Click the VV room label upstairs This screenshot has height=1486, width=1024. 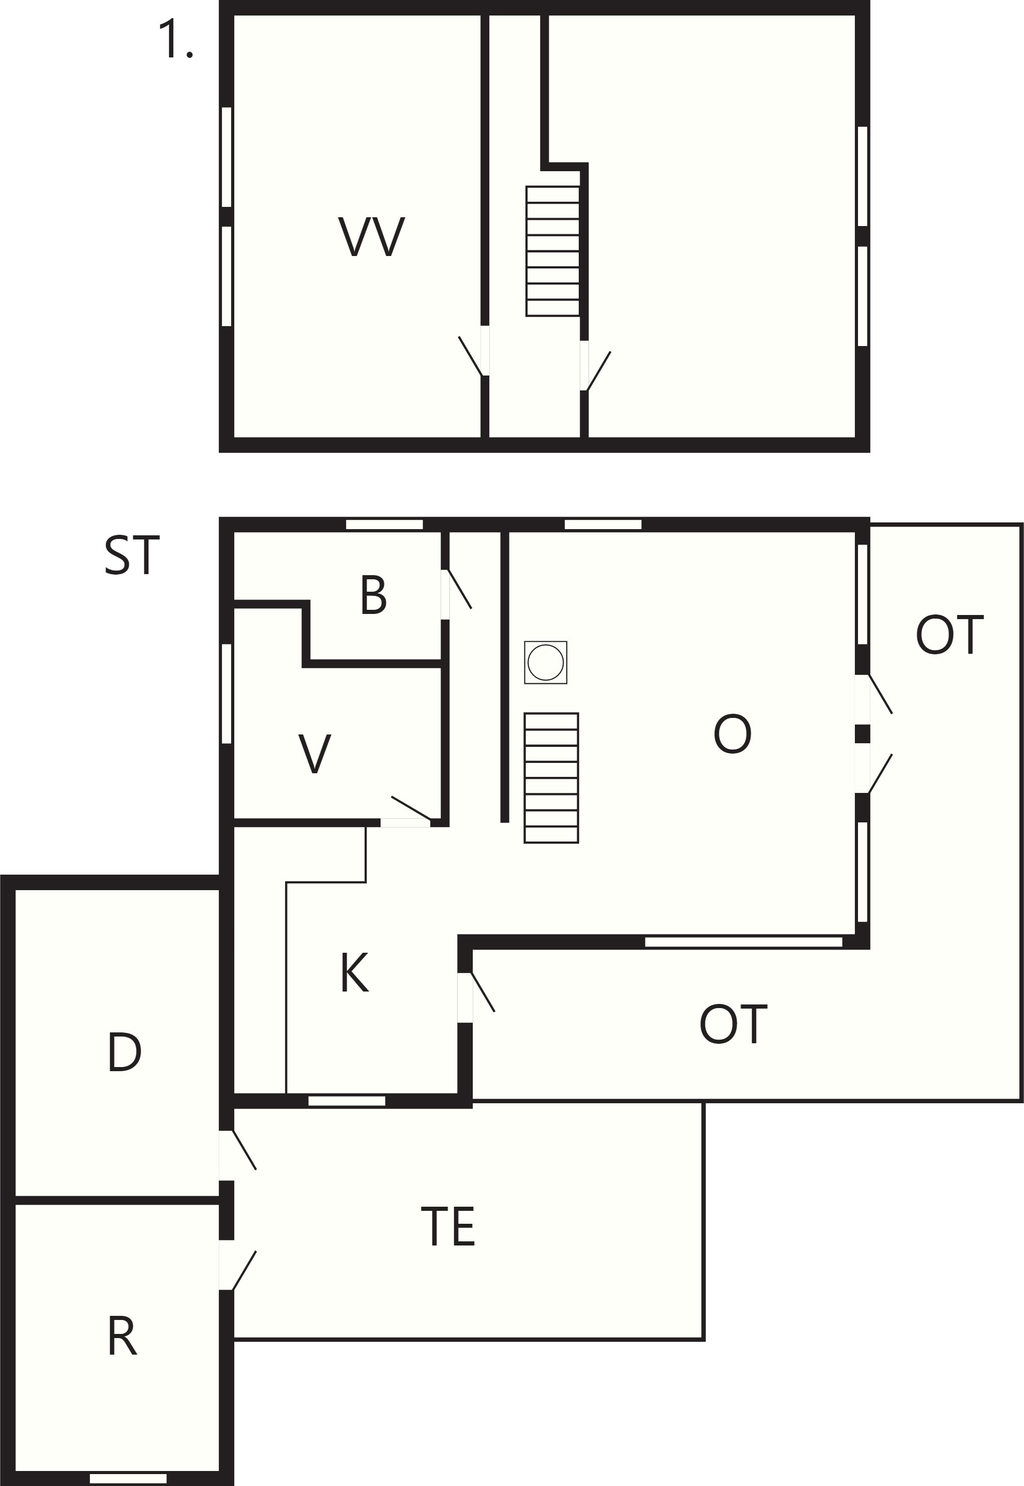coord(371,237)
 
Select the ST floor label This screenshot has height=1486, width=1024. coord(131,555)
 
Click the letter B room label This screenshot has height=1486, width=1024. coord(373,595)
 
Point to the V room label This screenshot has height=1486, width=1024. coord(314,753)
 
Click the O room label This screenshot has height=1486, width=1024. coord(732,734)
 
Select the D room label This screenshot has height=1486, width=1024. coord(125,1052)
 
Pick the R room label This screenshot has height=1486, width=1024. coord(122,1336)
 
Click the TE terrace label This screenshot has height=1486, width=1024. coord(448,1227)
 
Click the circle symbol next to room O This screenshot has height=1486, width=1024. coord(546,662)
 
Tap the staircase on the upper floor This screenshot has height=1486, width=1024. coord(552,251)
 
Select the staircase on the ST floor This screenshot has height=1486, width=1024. coord(551,777)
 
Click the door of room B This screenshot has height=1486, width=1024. coord(456,594)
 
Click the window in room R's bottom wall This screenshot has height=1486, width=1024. coord(128,1478)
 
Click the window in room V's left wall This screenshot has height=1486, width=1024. coord(227,694)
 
